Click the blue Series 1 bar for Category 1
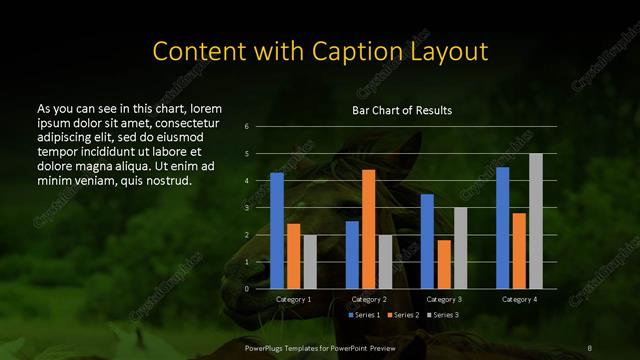277,231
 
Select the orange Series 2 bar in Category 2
368,229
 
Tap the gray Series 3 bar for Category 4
536,221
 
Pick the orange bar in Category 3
444,264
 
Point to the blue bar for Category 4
502,228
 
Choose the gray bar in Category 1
310,262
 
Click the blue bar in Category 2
352,255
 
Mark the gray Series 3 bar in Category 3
460,248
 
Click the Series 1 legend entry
365,315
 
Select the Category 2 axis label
368,299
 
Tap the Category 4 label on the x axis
518,299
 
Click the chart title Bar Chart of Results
401,109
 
